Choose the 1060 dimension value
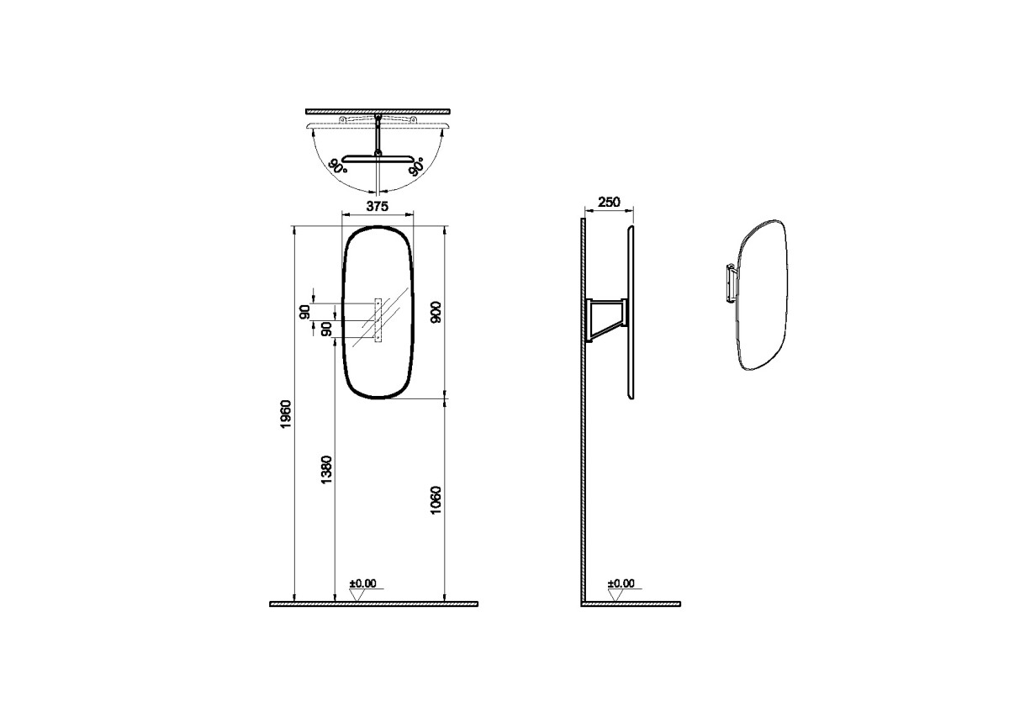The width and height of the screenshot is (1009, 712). click(x=436, y=500)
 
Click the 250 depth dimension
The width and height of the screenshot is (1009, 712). click(x=608, y=203)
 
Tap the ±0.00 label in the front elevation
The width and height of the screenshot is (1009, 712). click(x=363, y=583)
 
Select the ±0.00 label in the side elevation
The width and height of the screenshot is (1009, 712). click(x=621, y=583)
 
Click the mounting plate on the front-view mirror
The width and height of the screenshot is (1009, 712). click(x=378, y=319)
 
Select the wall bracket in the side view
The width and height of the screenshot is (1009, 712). click(x=608, y=319)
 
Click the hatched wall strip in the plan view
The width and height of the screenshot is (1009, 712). click(x=378, y=111)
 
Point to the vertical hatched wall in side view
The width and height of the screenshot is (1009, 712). click(x=581, y=420)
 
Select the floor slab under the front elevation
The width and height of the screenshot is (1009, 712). click(x=373, y=604)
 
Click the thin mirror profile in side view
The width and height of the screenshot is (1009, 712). click(x=631, y=311)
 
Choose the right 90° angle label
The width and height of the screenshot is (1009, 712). click(x=415, y=166)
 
